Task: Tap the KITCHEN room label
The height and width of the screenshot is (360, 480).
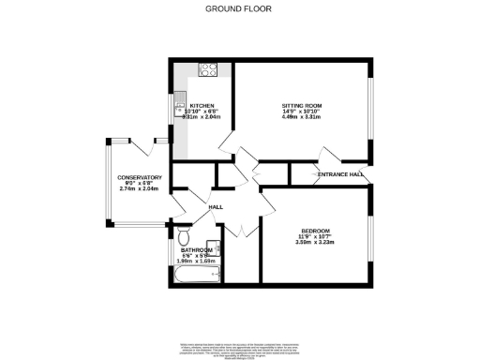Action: pos(202,105)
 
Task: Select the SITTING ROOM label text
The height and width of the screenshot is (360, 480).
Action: pos(301,105)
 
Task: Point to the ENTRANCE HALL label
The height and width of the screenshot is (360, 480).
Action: pos(339,174)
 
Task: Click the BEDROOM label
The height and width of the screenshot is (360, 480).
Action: pos(315,231)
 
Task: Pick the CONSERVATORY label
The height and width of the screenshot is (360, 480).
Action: pos(140,177)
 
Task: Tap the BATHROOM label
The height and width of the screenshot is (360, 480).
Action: pos(198,249)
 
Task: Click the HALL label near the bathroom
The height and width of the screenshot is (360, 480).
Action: pos(215,206)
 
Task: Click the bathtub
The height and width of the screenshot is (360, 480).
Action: pos(198,276)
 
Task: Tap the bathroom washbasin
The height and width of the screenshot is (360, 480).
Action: pos(215,248)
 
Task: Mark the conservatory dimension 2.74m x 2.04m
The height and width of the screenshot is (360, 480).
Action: pos(140,189)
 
